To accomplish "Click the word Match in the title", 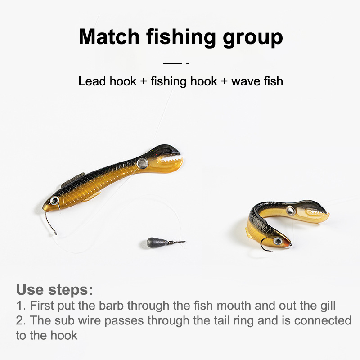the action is [x=109, y=37].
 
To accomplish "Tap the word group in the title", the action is [x=253, y=38].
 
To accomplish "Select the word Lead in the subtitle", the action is [x=92, y=81].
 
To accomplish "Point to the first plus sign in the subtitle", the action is [x=144, y=81].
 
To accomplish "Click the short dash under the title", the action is [x=173, y=63].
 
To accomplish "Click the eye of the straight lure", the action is [x=54, y=200].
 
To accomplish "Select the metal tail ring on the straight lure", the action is [x=142, y=163].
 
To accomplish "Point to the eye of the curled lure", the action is [x=278, y=241].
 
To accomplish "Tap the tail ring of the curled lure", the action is [x=290, y=210].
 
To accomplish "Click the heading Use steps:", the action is [x=54, y=289].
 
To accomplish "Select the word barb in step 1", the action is [x=111, y=306].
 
